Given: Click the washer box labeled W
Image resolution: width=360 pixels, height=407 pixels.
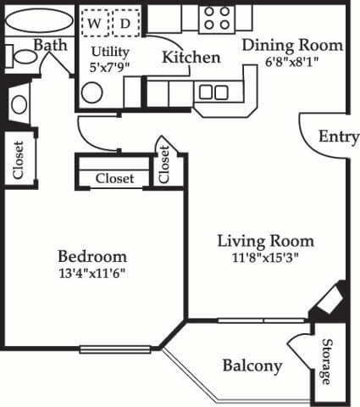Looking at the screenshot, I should click(95, 23).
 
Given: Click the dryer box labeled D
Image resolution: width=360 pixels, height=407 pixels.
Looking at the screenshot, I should click(125, 23).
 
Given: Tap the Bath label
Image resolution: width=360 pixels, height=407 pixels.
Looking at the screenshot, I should click(51, 44).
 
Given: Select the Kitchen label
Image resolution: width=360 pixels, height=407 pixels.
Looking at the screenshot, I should click(191, 58).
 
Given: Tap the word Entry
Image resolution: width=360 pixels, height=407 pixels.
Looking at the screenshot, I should click(338, 137).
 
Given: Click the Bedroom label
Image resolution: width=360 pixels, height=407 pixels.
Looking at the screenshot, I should click(92, 255).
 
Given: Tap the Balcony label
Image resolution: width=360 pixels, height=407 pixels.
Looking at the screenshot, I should click(252, 365).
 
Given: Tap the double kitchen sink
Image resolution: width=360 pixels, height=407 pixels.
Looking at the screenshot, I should click(213, 92).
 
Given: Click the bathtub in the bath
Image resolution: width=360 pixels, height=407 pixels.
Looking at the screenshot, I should click(34, 18).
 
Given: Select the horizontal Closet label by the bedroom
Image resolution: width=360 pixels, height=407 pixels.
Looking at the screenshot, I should click(114, 178).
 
